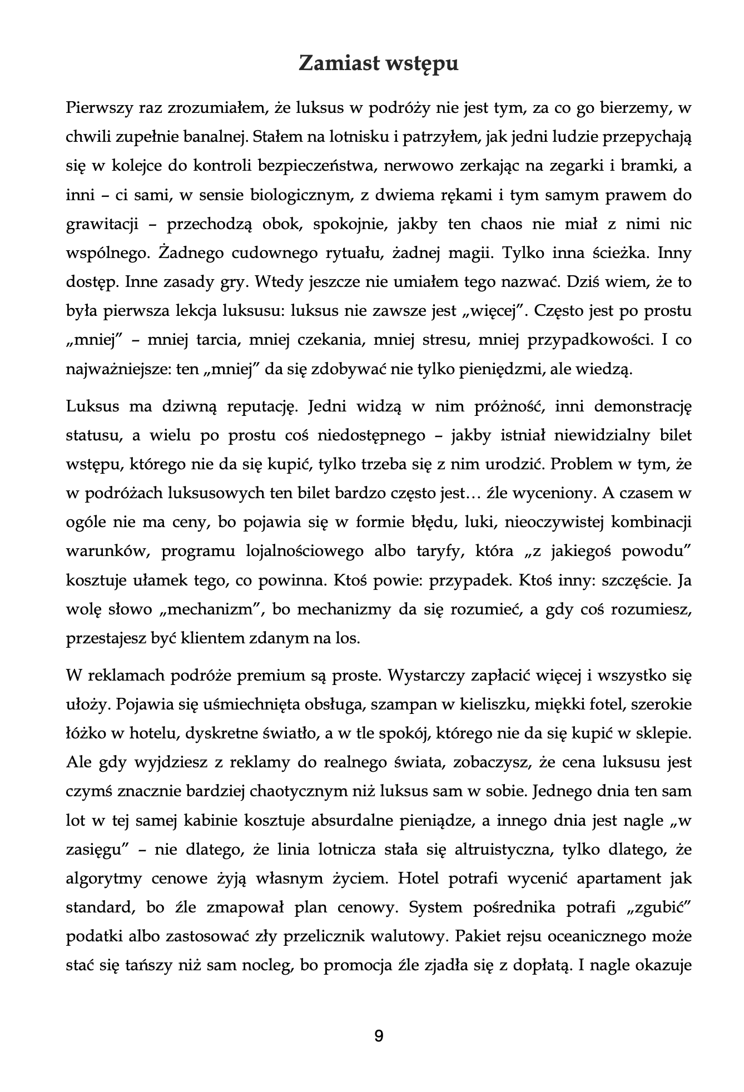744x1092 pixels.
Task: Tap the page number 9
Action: tap(379, 1036)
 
